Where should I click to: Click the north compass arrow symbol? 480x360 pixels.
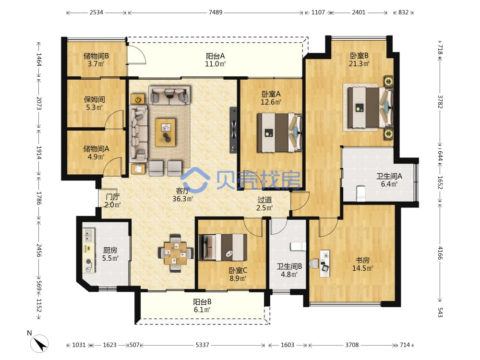click(x=40, y=344)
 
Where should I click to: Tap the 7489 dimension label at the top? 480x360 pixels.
click(x=216, y=12)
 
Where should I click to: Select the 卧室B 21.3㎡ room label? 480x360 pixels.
click(x=359, y=60)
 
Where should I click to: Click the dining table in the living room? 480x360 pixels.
click(x=175, y=253)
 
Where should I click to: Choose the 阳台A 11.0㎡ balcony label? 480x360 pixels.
click(x=215, y=60)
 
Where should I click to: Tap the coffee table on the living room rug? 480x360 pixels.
click(x=165, y=132)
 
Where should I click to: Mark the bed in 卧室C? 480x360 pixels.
click(x=223, y=247)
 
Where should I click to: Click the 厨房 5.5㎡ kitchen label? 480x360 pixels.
click(x=110, y=254)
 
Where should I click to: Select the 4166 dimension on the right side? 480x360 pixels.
click(x=440, y=253)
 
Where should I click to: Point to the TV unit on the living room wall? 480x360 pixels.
click(x=233, y=130)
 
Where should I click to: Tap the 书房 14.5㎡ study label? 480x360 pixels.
click(x=362, y=264)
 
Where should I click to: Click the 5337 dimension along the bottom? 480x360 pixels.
click(x=203, y=345)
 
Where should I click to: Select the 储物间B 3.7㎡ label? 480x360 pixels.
click(x=96, y=60)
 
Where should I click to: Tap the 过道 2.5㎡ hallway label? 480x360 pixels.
click(x=264, y=204)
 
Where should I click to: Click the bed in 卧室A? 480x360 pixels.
click(x=279, y=132)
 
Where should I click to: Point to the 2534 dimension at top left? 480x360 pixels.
click(x=96, y=12)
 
